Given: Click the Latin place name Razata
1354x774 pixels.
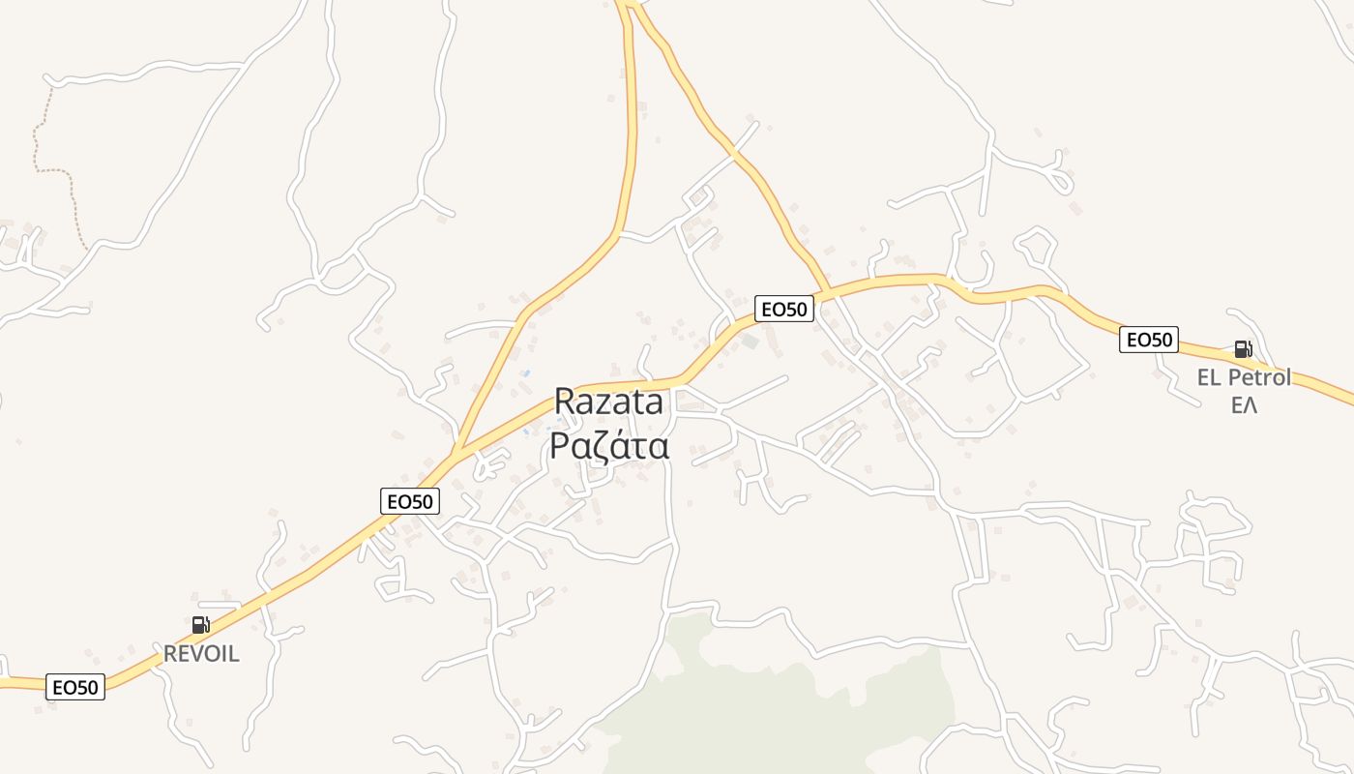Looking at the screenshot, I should coord(608,402).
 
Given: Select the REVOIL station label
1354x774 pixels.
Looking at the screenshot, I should coord(201,654).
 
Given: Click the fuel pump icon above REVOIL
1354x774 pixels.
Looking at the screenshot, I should coord(200,625).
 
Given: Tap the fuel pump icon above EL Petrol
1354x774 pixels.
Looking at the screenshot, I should coord(1243,349).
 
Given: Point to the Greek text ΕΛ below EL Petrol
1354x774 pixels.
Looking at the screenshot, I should coord(1244,404).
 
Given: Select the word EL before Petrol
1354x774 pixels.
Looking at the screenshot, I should coord(1210,377).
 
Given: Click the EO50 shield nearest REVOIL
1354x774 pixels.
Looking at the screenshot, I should coord(75,687).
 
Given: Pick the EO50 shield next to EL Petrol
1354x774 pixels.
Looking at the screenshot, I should coord(1148,340).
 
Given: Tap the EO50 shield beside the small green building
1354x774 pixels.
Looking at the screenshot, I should coord(784,309).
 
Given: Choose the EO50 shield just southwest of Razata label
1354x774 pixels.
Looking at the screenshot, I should coord(410,501).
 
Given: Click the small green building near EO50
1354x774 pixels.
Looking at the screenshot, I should coord(751,341).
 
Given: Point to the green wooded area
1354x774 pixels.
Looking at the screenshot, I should coord(774,697).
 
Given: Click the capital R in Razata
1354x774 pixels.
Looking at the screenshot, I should coord(566,402).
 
